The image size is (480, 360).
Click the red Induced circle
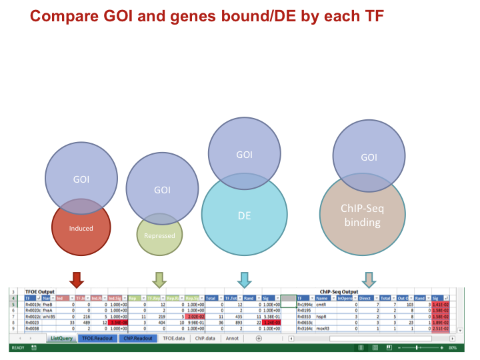(81, 230)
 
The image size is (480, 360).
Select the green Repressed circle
(159, 237)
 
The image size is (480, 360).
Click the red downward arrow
(77, 279)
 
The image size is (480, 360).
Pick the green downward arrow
(159, 279)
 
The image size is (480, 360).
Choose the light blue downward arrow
(244, 279)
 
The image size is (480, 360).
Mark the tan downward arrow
(369, 279)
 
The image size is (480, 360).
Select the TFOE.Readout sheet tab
(97, 338)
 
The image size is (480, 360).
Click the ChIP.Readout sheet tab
(137, 338)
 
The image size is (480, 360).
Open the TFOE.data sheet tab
(174, 338)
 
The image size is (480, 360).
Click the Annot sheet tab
(233, 338)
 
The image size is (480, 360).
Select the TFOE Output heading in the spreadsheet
(39, 291)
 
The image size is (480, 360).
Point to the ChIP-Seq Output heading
(339, 291)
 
